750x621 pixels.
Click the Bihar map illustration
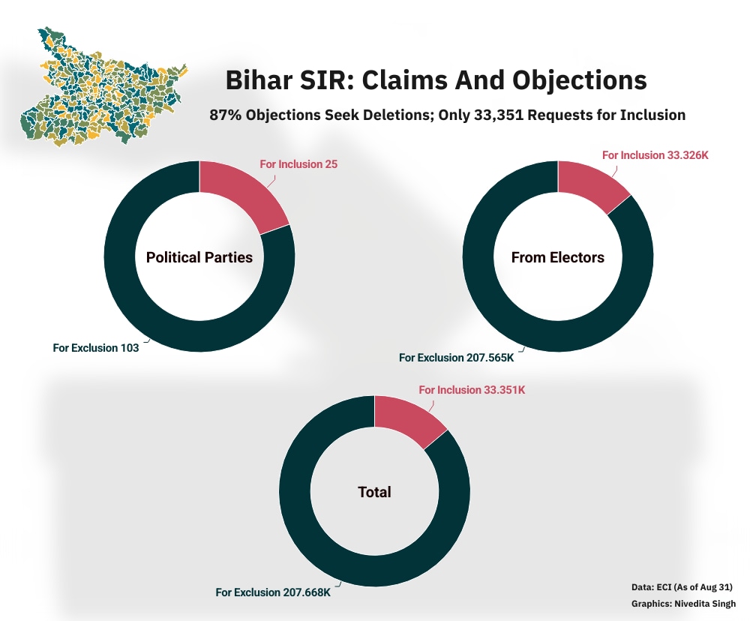click(103, 86)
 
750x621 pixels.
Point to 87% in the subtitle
click(225, 115)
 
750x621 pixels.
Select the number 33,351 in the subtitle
click(499, 115)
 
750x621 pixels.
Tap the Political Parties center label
click(199, 257)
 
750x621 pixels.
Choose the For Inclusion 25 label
click(298, 164)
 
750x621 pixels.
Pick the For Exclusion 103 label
click(96, 348)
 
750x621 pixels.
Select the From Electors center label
click(558, 257)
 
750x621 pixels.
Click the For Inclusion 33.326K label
click(655, 155)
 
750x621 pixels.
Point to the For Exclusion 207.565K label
click(456, 358)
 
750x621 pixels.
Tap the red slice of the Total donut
click(407, 420)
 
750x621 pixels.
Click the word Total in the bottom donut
click(374, 492)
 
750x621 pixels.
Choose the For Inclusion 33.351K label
click(472, 390)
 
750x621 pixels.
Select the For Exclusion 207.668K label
click(273, 592)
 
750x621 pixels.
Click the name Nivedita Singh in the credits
click(705, 604)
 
